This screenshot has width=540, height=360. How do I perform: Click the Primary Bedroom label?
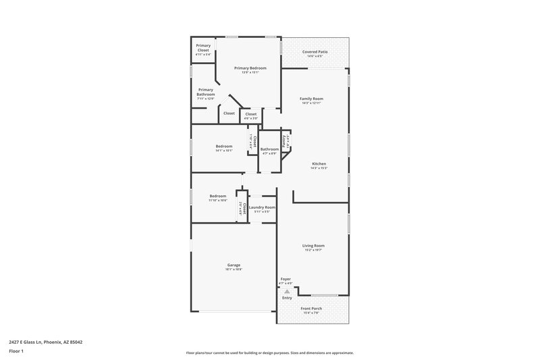coord(250,68)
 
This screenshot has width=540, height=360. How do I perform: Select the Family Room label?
coord(311,99)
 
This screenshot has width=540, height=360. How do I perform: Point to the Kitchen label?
coord(319,164)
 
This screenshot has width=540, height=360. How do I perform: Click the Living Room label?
coord(314,246)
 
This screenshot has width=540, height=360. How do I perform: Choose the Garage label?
coord(234,265)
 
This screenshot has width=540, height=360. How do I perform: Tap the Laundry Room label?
coord(262,207)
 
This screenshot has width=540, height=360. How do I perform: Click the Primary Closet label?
coord(203,48)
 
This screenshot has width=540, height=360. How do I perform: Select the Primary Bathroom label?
coord(205,92)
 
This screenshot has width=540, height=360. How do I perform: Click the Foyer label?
coord(286,279)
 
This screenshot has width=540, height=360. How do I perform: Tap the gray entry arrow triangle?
coord(287,291)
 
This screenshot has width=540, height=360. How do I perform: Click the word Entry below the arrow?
coord(287,298)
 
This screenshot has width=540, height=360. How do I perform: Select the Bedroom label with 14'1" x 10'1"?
coord(224,147)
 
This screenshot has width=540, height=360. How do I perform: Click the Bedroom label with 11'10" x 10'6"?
coord(217,196)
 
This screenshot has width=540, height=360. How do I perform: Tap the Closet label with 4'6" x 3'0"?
coord(250,114)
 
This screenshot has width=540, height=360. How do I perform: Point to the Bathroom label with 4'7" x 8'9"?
coord(269,149)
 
